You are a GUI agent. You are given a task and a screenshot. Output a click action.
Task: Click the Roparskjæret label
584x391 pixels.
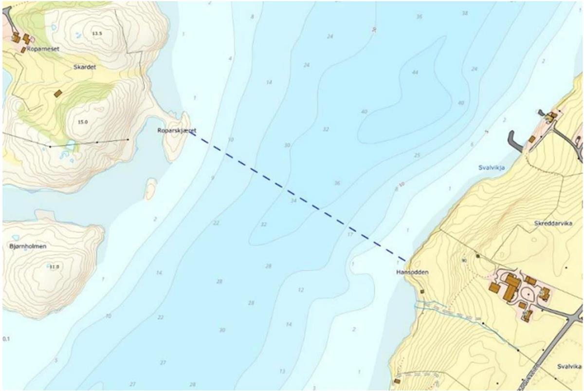(177, 130)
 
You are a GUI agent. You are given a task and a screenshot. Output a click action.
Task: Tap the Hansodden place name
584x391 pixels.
(412, 273)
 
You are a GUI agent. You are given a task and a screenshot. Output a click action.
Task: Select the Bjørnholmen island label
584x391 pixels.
(28, 246)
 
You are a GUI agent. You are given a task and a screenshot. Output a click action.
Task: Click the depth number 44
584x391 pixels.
(415, 72)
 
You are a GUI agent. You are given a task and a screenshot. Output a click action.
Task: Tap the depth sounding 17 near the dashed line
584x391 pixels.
(349, 234)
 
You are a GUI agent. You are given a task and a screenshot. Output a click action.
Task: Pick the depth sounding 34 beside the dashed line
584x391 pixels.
(293, 200)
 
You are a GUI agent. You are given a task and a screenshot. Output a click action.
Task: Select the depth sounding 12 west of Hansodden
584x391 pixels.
(301, 290)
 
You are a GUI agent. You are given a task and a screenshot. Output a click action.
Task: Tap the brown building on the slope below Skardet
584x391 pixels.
(58, 93)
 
